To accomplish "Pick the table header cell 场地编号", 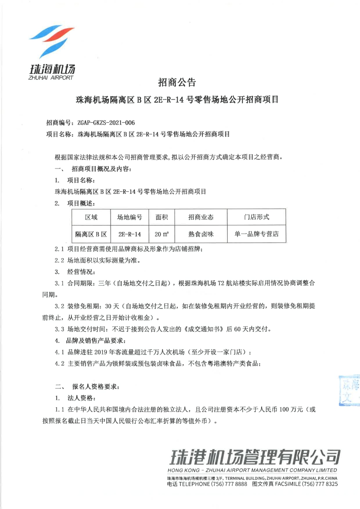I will (x=130, y=217).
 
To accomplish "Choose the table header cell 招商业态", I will (x=201, y=217).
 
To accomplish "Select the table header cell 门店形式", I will (x=257, y=217).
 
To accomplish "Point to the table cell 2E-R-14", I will (x=130, y=234).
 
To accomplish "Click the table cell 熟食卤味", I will (x=201, y=234).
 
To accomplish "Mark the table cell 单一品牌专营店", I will (x=257, y=234).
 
